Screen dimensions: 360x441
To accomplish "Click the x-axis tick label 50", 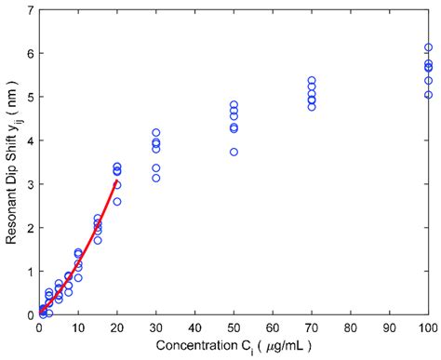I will (x=234, y=327).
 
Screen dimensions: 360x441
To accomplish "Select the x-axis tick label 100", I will (x=428, y=327).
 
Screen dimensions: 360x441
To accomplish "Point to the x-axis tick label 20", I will (x=116, y=327).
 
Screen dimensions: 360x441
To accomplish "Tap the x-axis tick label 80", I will (x=350, y=327).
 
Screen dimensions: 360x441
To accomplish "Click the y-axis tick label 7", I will (x=30, y=10).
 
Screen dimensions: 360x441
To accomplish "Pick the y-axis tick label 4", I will (x=30, y=140).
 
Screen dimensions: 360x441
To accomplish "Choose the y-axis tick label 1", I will (x=30, y=272).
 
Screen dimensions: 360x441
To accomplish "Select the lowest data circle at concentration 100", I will (x=428, y=95).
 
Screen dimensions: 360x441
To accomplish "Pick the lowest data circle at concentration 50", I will (x=234, y=152).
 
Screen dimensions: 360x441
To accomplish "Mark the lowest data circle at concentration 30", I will (x=155, y=178).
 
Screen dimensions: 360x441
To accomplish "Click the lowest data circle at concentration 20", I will (x=116, y=201).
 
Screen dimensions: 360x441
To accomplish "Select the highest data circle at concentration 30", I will (x=155, y=133).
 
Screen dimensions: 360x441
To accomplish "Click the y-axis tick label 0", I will (x=30, y=315).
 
